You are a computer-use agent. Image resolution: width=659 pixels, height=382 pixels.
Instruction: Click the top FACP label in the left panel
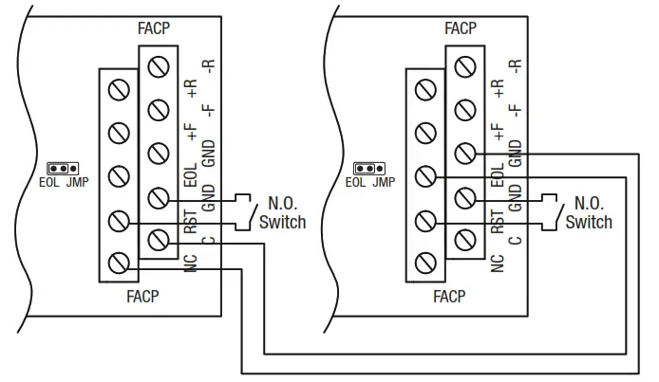[x=154, y=28]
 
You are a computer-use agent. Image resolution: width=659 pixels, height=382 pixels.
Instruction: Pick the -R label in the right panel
[x=515, y=67]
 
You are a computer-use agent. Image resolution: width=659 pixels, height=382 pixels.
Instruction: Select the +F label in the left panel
[x=191, y=134]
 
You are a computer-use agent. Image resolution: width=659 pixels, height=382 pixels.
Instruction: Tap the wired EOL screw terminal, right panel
[x=425, y=176]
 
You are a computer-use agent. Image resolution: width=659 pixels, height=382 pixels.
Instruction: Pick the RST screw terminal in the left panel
[x=119, y=221]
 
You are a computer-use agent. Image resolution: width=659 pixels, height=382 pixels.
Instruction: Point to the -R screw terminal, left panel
[x=160, y=67]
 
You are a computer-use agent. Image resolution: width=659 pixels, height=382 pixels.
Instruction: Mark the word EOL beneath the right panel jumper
[x=355, y=183]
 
